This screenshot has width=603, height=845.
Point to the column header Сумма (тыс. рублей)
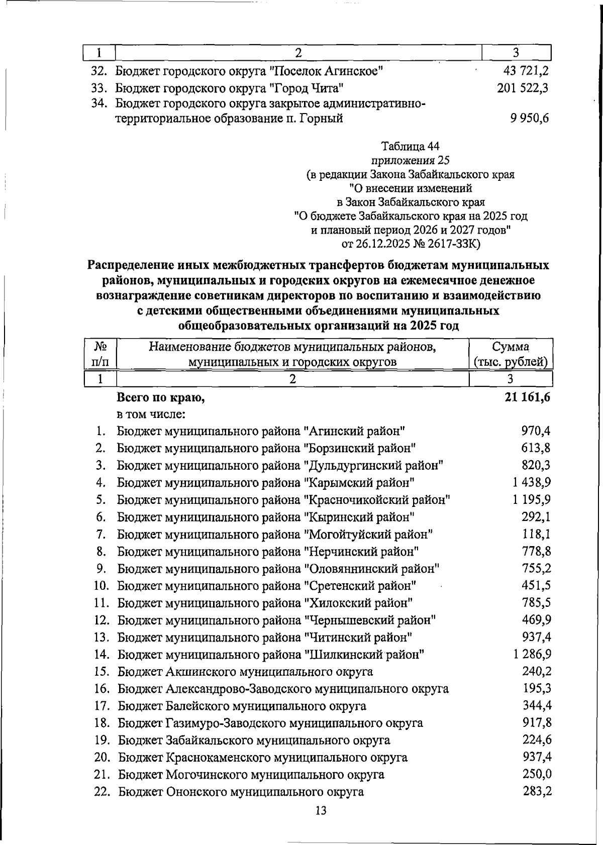[511, 354]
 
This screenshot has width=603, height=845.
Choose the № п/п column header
[100, 354]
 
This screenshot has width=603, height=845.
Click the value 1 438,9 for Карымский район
[532, 482]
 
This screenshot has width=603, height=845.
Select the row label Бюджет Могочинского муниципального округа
[251, 775]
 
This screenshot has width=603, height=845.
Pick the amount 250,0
[537, 774]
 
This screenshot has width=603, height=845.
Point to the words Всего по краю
[161, 398]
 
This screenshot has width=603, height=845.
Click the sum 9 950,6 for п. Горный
[529, 119]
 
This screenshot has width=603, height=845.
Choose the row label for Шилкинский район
[271, 655]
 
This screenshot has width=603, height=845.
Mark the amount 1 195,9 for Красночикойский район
[532, 500]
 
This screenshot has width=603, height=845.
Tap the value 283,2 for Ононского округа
[537, 791]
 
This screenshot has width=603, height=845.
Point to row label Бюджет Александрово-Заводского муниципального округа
[283, 689]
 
